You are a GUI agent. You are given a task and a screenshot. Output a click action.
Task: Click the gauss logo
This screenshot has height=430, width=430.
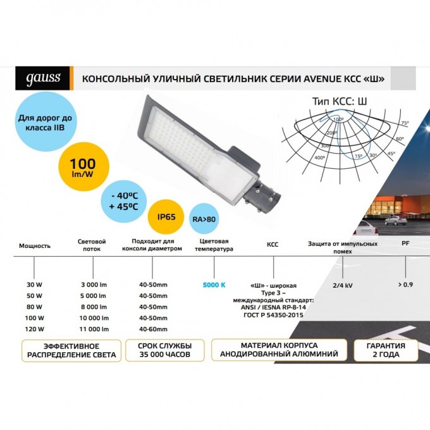pos(43,78)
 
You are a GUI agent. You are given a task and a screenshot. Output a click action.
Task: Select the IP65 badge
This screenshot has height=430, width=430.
pos(166,217)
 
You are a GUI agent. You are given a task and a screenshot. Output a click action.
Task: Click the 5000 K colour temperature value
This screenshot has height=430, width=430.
pos(214,285)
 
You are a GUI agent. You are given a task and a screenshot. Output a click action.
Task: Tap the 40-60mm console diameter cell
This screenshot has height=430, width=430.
pos(153,329)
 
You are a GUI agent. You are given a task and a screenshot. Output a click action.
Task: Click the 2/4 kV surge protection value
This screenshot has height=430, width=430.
pos(343,285)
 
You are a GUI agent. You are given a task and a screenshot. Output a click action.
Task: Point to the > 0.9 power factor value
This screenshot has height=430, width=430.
pos(405,284)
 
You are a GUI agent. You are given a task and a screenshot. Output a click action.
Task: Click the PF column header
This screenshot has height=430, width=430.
pos(405,244)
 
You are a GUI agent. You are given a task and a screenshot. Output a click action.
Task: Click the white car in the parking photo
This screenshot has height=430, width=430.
pos(395,220)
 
